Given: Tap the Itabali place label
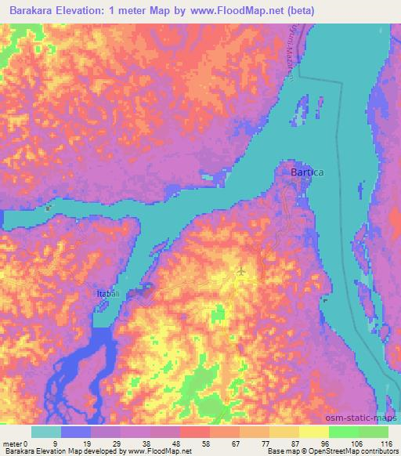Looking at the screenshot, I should [x=108, y=293].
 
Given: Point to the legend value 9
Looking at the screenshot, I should [x=62, y=443].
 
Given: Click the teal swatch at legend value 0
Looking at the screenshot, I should [x=46, y=432].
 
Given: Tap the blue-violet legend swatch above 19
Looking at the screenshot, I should [x=76, y=432].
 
